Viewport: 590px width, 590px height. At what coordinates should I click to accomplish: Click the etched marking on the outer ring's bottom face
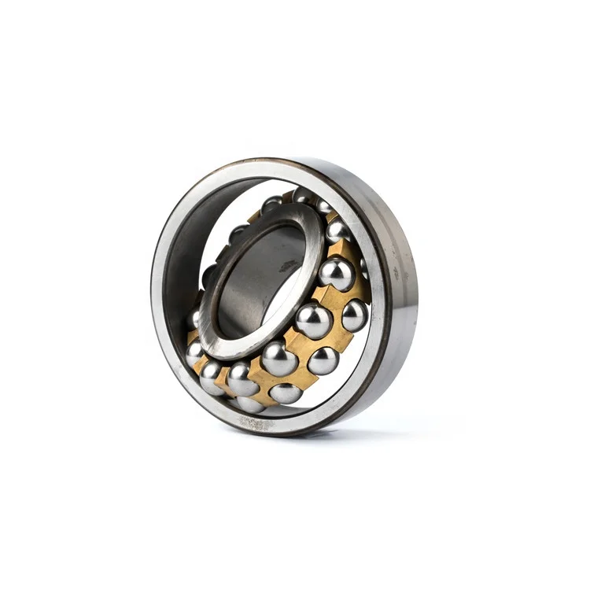[256, 423]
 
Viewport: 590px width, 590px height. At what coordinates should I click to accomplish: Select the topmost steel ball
[303, 195]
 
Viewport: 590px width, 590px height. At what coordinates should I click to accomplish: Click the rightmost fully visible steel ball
[355, 315]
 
